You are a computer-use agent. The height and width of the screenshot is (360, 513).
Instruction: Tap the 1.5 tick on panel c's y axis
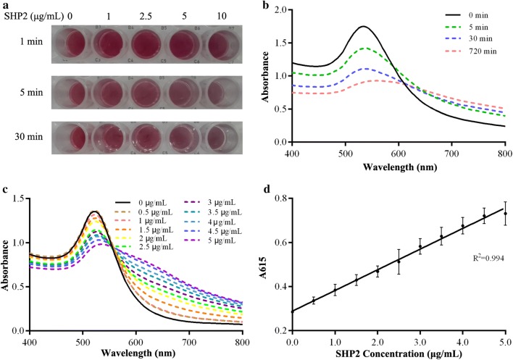tap(18, 199)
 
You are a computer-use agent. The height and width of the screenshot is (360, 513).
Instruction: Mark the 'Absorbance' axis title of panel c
tap(7, 264)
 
